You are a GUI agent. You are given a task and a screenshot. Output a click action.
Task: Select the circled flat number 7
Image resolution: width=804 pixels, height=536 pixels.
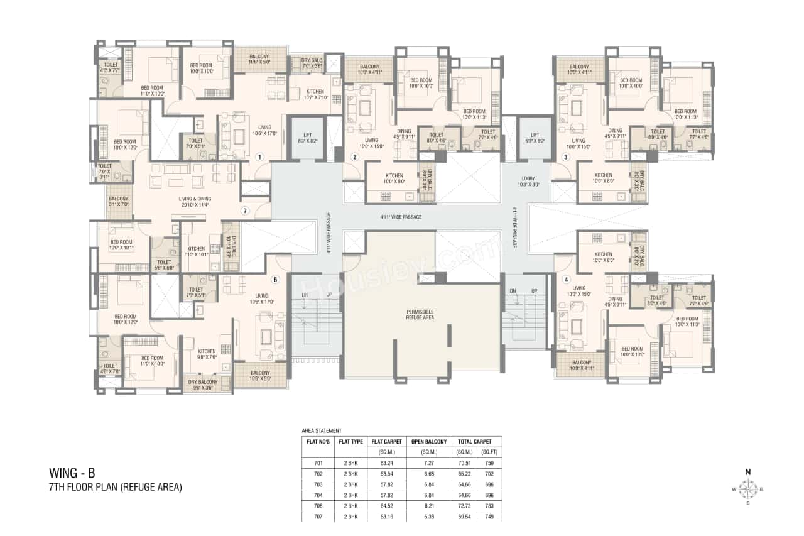(x=246, y=211)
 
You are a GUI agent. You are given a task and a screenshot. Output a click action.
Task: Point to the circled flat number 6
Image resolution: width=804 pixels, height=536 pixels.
(x=274, y=280)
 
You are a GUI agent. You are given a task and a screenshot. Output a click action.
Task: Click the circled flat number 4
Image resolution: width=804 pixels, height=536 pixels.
(x=566, y=280)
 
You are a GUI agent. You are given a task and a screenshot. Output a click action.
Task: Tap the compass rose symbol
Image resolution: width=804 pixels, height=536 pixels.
(x=747, y=488)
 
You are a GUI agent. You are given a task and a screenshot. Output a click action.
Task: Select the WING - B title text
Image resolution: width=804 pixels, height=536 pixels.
(x=72, y=473)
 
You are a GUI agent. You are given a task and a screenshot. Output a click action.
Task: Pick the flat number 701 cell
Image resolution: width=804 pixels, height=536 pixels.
(x=317, y=464)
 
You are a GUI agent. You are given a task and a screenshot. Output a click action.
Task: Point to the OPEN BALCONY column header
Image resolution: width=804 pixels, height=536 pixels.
(x=428, y=442)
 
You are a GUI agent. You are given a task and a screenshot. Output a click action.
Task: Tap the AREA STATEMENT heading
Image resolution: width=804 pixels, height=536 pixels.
(x=322, y=430)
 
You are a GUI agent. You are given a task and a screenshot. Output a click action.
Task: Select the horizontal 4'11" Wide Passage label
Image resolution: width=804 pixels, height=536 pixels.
(x=400, y=217)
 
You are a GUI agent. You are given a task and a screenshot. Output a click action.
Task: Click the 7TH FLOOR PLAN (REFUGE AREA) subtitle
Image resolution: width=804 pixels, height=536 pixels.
(x=116, y=487)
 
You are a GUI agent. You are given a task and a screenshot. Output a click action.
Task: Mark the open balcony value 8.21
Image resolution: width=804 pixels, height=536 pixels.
(x=428, y=505)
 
